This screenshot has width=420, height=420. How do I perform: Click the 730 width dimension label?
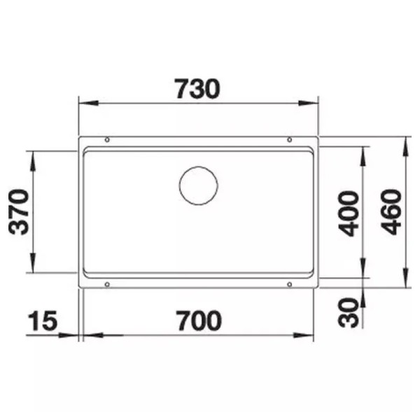pyautogui.click(x=197, y=89)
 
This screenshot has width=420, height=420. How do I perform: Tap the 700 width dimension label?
pyautogui.click(x=199, y=321)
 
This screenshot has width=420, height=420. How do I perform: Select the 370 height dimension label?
pyautogui.click(x=19, y=212)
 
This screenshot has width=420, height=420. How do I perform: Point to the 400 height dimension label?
pyautogui.click(x=349, y=213)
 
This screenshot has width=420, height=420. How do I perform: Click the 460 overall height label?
pyautogui.click(x=391, y=212)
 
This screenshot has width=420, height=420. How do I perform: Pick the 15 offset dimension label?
pyautogui.click(x=42, y=321)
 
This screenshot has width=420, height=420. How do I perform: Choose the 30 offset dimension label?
pyautogui.click(x=348, y=313)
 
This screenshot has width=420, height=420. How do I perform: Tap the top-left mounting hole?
pyautogui.click(x=107, y=140)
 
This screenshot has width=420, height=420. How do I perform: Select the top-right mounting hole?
pyautogui.click(x=290, y=140)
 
